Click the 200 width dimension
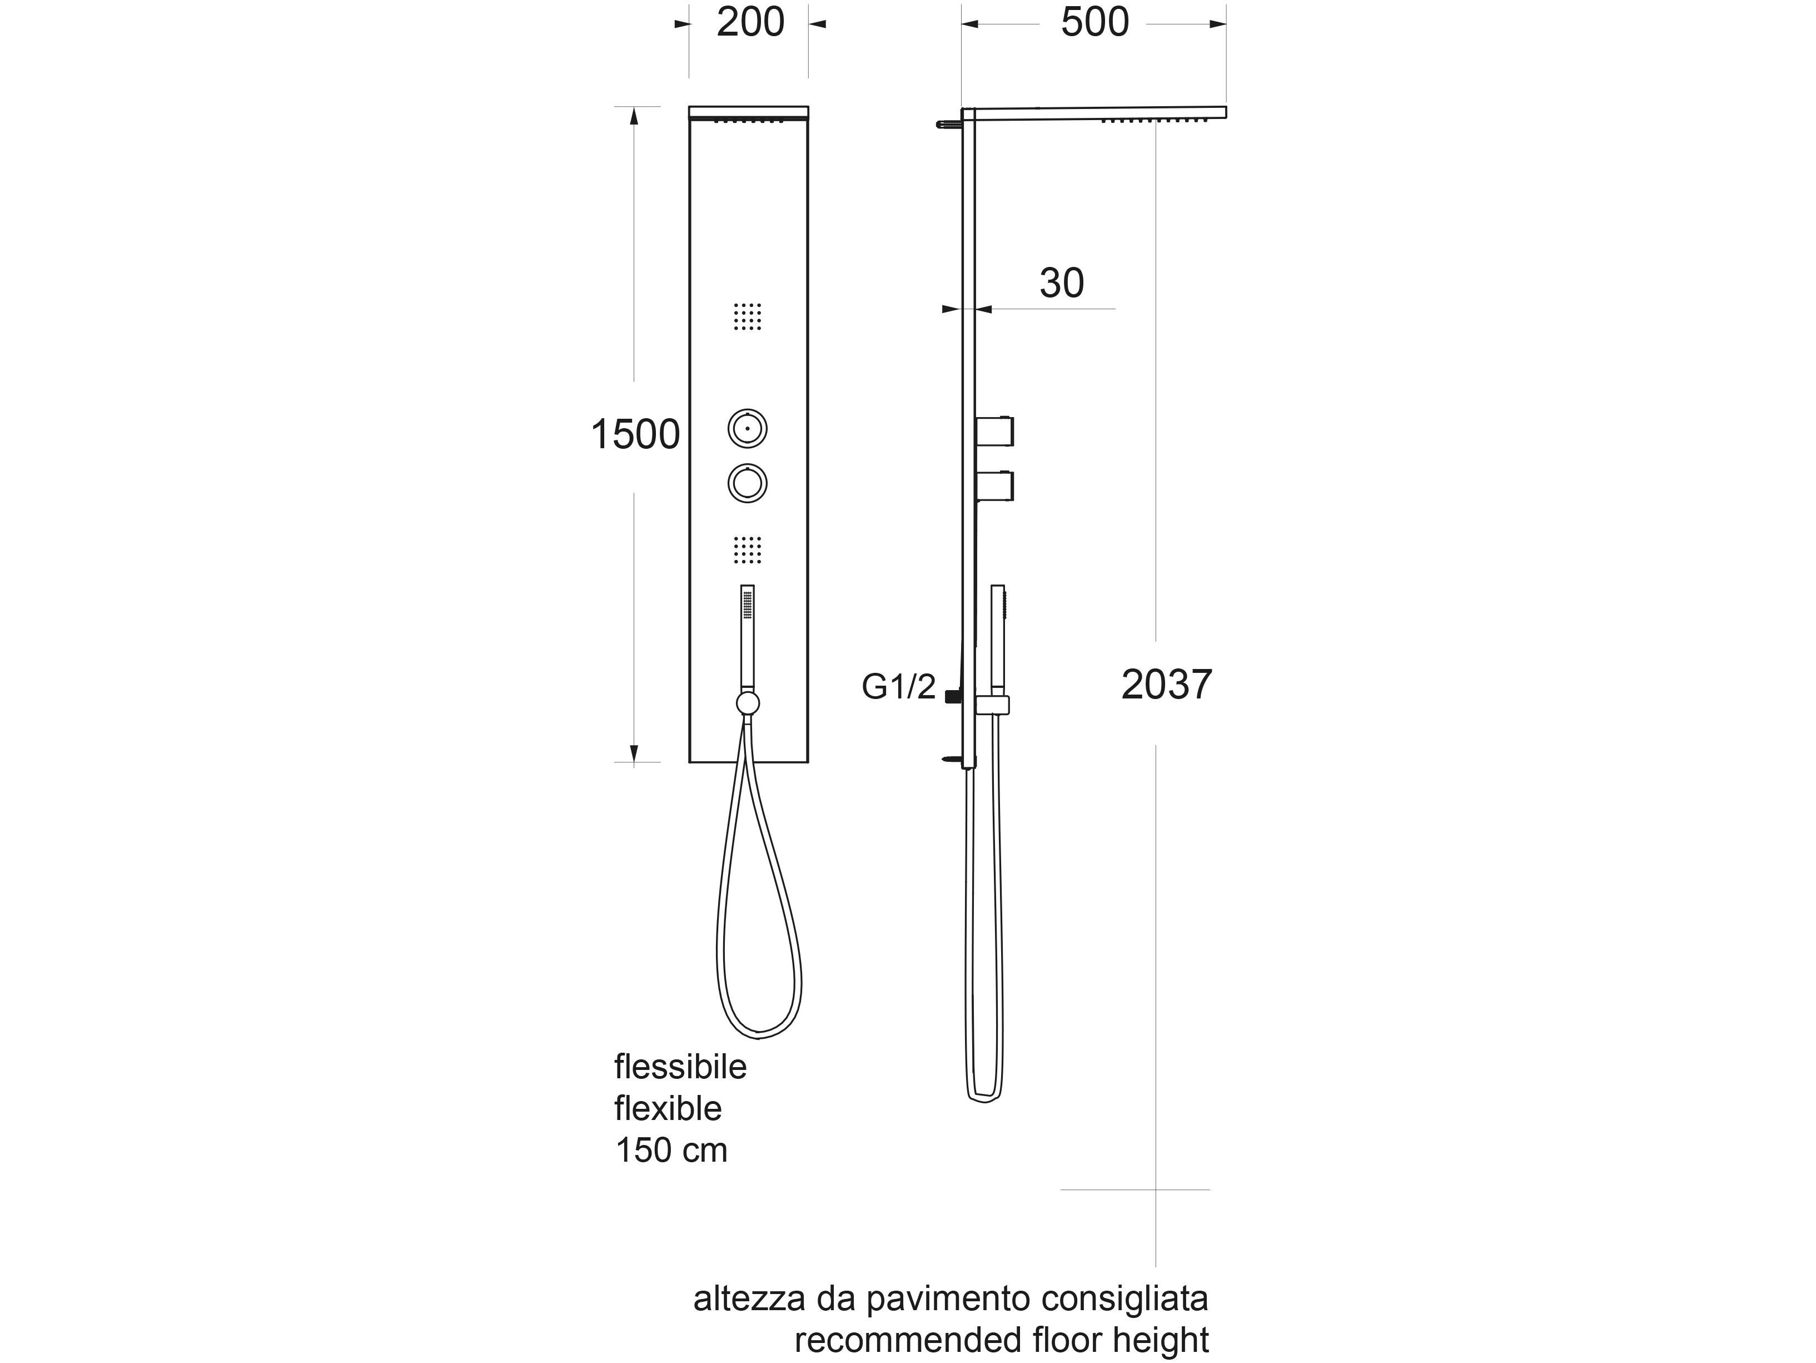coord(750,22)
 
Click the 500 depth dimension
coord(1094,22)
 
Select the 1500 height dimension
coord(635,434)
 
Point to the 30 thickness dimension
coord(1062,283)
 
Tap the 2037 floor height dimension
coord(1167,685)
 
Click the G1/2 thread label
coord(898,686)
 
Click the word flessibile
coord(680,1067)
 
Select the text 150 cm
coord(671,1151)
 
